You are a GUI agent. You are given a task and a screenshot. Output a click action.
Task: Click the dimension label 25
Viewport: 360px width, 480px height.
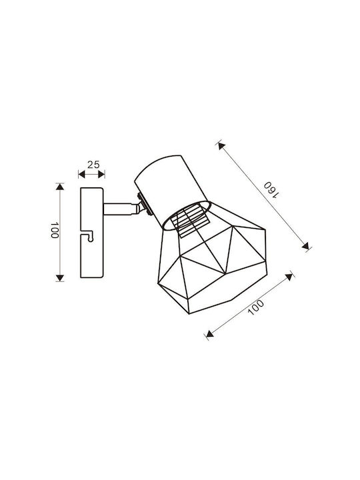pos(94,165)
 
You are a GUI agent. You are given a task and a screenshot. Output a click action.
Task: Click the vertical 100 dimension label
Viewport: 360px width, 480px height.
pos(55,230)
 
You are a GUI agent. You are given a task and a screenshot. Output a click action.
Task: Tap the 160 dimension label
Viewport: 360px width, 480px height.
pos(271,190)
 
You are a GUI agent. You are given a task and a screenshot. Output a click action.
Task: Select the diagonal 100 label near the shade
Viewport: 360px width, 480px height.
pos(255,307)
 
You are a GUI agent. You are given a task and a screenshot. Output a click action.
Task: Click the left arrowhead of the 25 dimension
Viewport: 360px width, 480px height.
pos(81,175)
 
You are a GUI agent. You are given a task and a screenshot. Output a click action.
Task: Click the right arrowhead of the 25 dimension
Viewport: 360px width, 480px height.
pos(101,175)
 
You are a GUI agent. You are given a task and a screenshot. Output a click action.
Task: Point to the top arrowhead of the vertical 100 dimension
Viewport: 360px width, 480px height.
pos(60,187)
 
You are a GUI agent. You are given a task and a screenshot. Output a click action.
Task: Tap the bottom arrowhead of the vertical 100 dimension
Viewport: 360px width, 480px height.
pos(60,278)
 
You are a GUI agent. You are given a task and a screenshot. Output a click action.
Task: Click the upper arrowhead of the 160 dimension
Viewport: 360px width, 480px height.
pos(221,146)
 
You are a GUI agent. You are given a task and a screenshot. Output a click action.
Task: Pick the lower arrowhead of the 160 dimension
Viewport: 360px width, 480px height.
pos(305,245)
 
